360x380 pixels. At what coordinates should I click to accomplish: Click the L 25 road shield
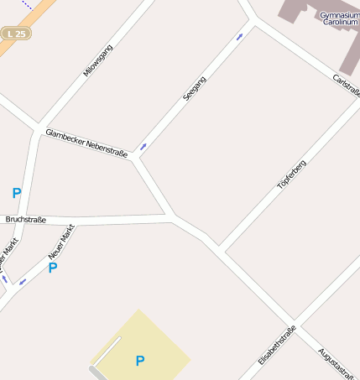coord(16,34)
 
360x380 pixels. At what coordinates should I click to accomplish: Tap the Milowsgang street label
coord(97,60)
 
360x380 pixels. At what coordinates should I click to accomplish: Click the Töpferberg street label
coord(291,173)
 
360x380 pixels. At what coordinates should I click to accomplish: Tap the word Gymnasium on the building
coord(339,15)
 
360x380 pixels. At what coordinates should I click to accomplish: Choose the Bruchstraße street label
coord(25,220)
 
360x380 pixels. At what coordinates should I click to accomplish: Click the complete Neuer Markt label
coord(61,241)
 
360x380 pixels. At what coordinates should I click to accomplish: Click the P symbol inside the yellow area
coord(140,362)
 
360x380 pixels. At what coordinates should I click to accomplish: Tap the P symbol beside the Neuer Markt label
coord(53,268)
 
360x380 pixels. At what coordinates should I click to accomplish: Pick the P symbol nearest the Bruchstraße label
coord(17,194)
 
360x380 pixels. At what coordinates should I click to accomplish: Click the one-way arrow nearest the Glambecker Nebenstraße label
coord(143,147)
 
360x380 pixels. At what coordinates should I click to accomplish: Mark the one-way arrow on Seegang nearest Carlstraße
coord(241,36)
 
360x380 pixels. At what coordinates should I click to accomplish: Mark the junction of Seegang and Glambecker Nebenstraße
coord(134,156)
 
